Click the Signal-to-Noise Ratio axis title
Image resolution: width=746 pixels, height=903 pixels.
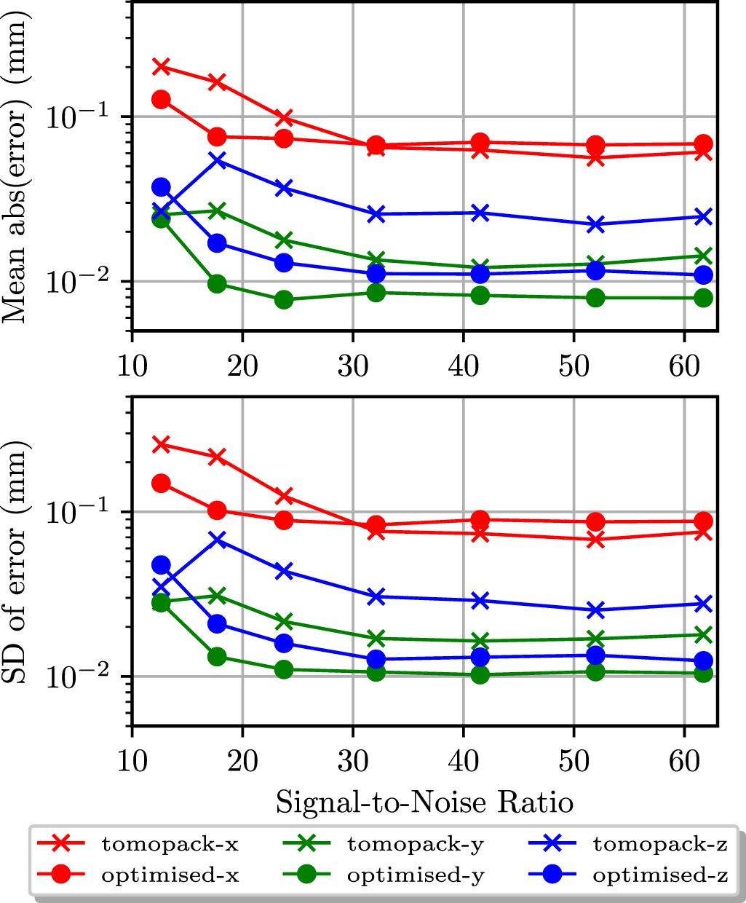pyautogui.click(x=424, y=803)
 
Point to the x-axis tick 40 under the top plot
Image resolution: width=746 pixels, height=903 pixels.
pyautogui.click(x=463, y=366)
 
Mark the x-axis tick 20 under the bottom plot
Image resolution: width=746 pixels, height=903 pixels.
pyautogui.click(x=242, y=762)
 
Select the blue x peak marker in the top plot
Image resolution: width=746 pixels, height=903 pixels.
pyautogui.click(x=217, y=159)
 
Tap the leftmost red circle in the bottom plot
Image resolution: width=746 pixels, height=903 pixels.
pyautogui.click(x=161, y=484)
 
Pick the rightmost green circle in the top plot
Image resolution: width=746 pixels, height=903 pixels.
pyautogui.click(x=703, y=298)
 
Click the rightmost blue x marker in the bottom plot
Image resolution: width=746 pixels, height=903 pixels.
pyautogui.click(x=703, y=604)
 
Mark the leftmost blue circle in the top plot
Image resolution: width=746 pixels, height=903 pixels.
pyautogui.click(x=161, y=187)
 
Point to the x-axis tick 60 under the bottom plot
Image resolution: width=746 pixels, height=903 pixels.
pyautogui.click(x=684, y=762)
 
